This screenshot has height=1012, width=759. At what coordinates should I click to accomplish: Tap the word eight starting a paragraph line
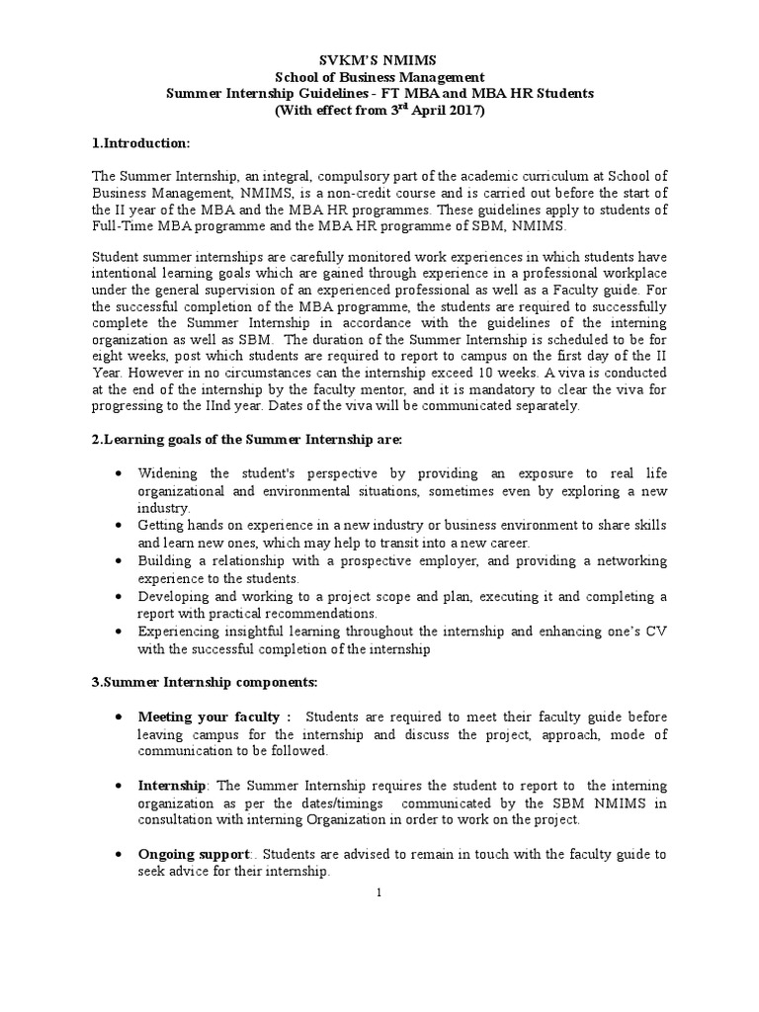coord(108,355)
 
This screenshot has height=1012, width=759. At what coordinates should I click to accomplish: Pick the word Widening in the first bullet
coord(168,472)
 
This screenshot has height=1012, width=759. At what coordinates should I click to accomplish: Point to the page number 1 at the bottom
coord(379,893)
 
